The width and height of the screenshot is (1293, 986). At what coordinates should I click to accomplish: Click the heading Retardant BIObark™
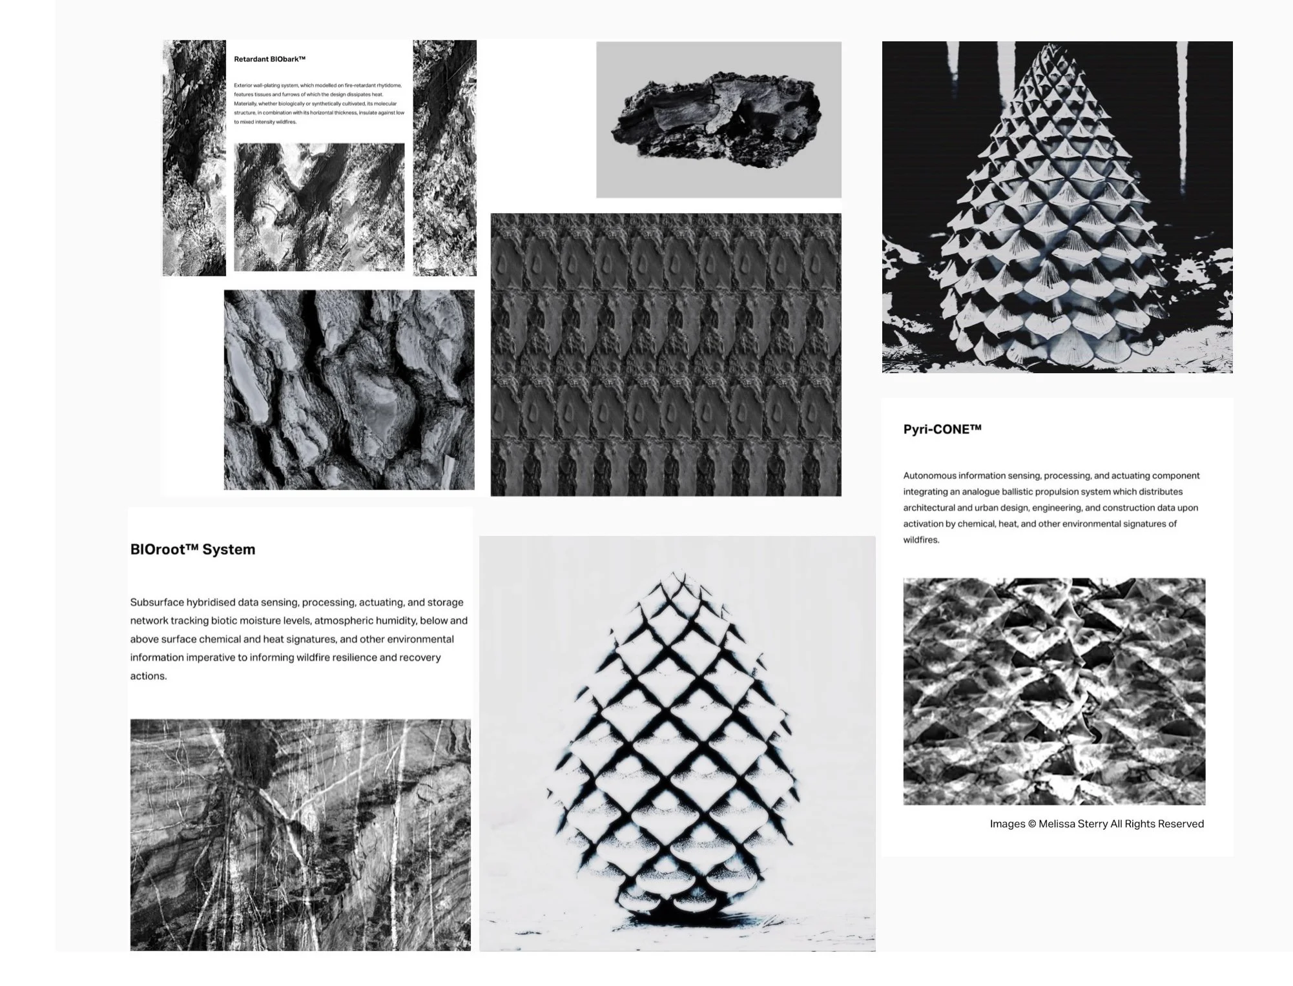[269, 59]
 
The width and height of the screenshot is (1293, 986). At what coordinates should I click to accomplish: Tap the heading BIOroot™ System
[192, 549]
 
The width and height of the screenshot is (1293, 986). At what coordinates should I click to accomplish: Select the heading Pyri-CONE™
[942, 429]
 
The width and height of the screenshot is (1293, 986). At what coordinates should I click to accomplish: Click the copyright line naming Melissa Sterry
[1096, 824]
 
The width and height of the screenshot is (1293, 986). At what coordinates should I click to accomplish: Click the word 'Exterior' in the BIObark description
[243, 85]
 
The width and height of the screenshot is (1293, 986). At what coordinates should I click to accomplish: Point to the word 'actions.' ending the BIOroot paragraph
[149, 676]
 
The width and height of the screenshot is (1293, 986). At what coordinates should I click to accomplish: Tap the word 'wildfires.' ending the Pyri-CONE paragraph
[921, 540]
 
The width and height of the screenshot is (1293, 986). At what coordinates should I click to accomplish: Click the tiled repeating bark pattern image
[665, 354]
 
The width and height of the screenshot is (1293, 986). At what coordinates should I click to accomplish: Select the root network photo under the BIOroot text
[300, 834]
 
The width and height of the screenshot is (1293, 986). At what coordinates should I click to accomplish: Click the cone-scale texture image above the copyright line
[1053, 691]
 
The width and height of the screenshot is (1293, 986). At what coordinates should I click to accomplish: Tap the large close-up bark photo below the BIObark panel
[349, 389]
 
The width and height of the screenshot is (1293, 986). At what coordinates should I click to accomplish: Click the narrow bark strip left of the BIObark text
[194, 158]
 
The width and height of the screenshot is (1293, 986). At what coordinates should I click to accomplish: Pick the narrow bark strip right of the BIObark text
[444, 158]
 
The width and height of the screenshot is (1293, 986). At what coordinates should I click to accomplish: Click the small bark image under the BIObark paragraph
[319, 207]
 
